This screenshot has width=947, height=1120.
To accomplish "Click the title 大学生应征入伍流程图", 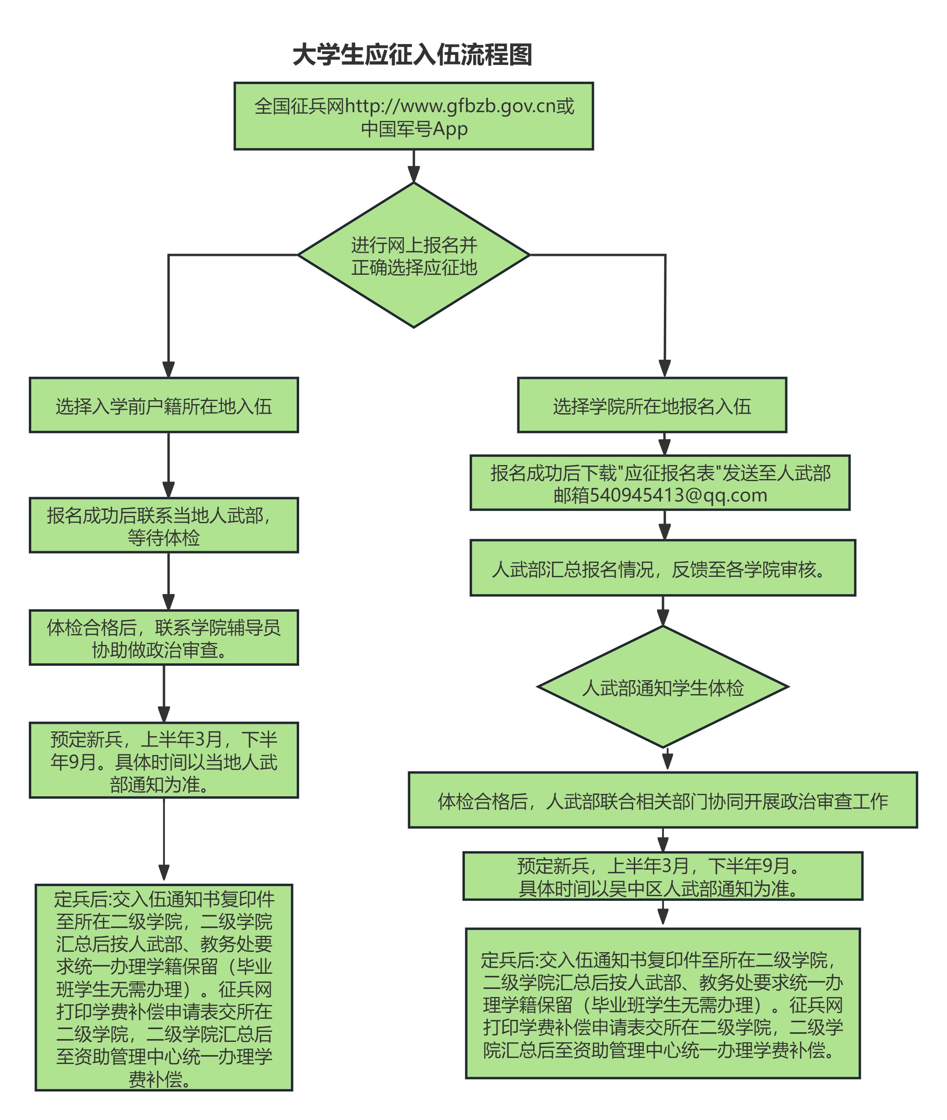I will click(x=412, y=55).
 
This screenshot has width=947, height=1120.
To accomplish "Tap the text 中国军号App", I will click(x=414, y=129).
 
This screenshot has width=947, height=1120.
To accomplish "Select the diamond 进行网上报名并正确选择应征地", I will click(x=414, y=256).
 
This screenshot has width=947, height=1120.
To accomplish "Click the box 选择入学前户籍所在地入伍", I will click(x=164, y=405).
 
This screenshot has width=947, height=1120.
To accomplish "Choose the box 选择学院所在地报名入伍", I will click(x=652, y=405).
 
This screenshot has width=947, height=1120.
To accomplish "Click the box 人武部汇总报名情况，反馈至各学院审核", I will click(x=662, y=568).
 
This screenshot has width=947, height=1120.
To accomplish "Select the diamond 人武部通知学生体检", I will click(x=663, y=687).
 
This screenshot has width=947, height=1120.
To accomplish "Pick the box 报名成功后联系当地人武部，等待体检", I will click(x=164, y=525).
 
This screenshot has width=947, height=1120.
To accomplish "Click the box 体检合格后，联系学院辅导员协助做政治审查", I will click(x=164, y=638).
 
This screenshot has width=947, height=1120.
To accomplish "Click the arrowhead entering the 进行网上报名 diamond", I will click(x=414, y=175).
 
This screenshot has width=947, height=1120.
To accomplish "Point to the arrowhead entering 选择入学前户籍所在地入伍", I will click(x=169, y=369).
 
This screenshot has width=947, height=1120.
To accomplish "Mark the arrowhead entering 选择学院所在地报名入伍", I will click(x=665, y=369).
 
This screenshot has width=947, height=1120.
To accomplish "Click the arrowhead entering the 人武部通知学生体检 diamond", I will click(x=663, y=618).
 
